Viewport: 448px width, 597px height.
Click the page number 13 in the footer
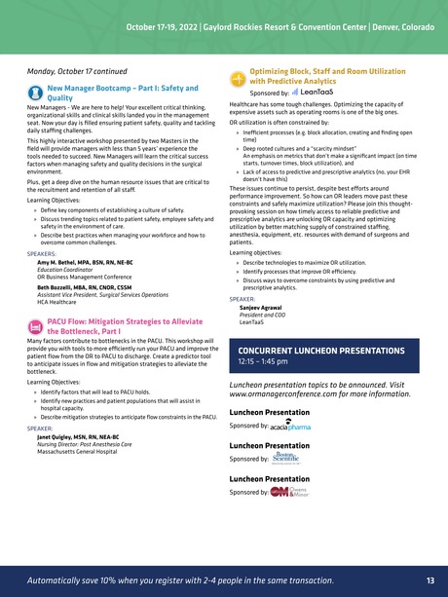tap(429, 580)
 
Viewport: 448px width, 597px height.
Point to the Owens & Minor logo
tap(296, 492)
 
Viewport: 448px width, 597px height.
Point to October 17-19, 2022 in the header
tap(168, 23)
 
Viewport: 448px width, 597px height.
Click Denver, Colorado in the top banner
tap(397, 23)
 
